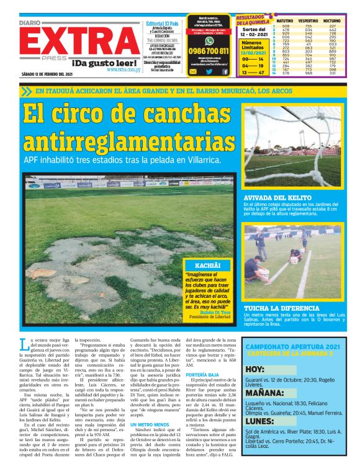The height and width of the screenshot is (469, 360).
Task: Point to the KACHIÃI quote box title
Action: pos(207,265)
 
